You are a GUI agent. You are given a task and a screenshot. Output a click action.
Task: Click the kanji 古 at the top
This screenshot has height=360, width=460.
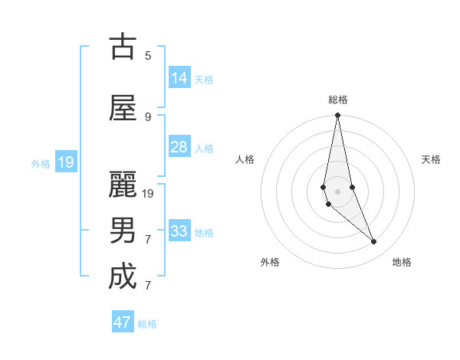pyautogui.click(x=123, y=47)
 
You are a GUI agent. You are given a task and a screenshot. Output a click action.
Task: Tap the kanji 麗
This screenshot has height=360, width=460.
pyautogui.click(x=123, y=185)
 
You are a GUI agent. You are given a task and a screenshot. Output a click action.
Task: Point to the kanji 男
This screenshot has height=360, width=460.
pyautogui.click(x=123, y=231)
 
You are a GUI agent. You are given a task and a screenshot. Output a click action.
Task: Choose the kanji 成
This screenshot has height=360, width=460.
pyautogui.click(x=123, y=277)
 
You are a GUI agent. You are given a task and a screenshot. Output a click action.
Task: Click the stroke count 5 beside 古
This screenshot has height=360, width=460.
pyautogui.click(x=148, y=55)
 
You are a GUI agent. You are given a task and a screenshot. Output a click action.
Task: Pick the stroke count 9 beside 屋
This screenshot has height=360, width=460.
pyautogui.click(x=148, y=116)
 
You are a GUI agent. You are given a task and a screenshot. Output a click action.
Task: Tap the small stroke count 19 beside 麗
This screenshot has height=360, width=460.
pyautogui.click(x=148, y=193)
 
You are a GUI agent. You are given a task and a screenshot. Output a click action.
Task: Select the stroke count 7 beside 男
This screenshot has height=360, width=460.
pyautogui.click(x=148, y=239)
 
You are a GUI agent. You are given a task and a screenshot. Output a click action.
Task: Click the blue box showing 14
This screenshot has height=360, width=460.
pyautogui.click(x=179, y=78)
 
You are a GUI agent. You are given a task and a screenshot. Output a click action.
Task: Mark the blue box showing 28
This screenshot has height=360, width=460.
pyautogui.click(x=179, y=147)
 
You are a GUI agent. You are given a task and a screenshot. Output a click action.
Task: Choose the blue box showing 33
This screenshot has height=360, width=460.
pyautogui.click(x=179, y=231)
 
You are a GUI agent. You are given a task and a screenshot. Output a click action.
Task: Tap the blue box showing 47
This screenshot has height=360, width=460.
pyautogui.click(x=123, y=322)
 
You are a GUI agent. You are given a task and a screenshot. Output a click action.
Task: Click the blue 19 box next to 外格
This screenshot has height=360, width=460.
pyautogui.click(x=66, y=162)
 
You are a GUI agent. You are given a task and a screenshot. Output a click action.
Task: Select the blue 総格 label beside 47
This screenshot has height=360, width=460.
pyautogui.click(x=147, y=324)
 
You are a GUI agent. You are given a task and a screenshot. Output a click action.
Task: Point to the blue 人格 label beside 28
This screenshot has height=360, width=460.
pyautogui.click(x=204, y=149)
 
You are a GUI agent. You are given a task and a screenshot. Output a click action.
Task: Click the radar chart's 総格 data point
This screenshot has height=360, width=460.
pyautogui.click(x=337, y=116)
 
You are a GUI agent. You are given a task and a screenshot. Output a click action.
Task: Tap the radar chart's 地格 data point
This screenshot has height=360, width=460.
pyautogui.click(x=374, y=242)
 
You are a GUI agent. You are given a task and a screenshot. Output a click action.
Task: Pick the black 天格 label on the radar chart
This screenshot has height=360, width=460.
pyautogui.click(x=431, y=159)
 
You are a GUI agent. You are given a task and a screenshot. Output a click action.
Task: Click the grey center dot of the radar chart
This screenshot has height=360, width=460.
pyautogui.click(x=337, y=191)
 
